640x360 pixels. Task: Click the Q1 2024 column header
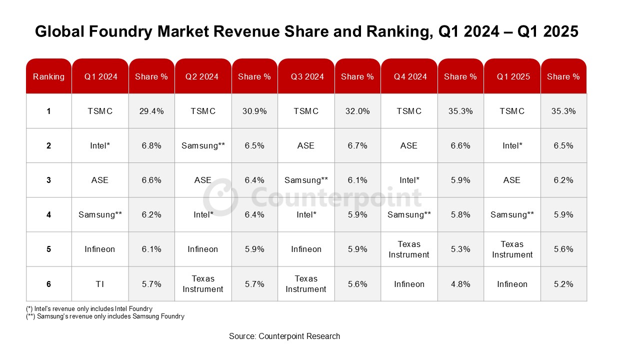point(100,76)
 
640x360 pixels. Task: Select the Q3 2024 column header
point(306,76)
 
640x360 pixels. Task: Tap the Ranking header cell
point(48,76)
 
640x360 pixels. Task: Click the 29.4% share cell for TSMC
point(151,111)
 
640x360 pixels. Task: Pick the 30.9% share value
point(254,111)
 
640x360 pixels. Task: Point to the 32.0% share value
point(357,111)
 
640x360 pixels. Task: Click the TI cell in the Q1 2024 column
point(100,284)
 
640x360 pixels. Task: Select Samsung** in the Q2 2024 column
point(203,145)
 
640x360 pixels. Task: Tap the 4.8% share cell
point(460,284)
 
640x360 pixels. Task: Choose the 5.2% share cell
point(563,284)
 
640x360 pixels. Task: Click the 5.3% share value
point(460,249)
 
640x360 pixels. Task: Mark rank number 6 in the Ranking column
point(48,284)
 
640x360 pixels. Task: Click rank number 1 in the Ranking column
point(48,111)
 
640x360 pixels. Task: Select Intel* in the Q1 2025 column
point(512,145)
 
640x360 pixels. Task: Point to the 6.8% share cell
point(151,145)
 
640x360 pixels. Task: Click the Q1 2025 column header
point(512,76)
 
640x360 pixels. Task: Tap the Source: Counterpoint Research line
point(284,336)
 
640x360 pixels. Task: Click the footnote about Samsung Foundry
point(105,316)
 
